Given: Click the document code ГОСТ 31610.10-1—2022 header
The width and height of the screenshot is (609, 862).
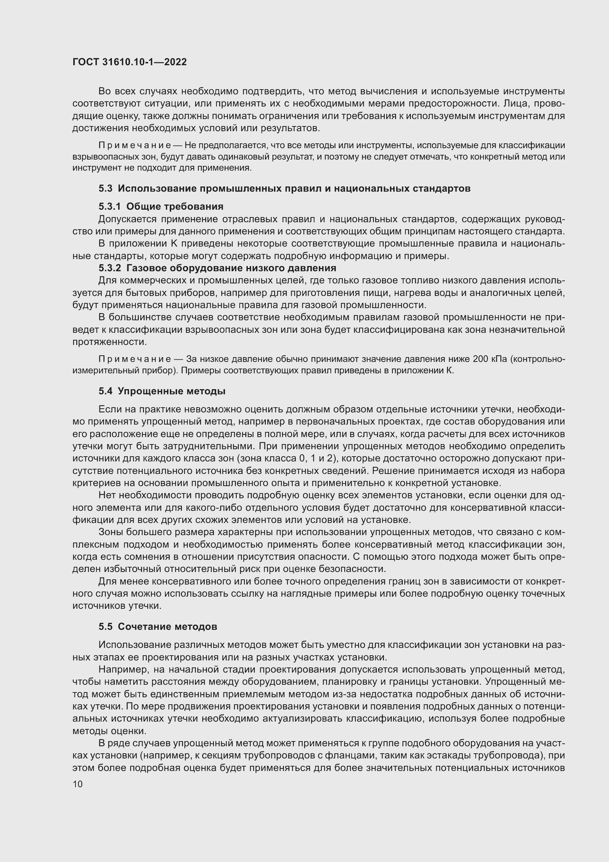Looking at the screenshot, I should [129, 62].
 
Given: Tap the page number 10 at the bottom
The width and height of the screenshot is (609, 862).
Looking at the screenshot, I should [78, 784].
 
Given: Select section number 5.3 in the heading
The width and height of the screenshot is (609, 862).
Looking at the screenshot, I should [105, 188].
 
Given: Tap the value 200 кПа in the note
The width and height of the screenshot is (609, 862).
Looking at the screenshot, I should [490, 359].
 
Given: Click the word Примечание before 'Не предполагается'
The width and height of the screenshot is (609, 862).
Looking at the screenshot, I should [135, 145].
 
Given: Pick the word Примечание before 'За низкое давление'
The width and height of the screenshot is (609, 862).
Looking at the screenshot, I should [135, 359].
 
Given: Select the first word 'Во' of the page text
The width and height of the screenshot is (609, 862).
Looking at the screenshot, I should [105, 91].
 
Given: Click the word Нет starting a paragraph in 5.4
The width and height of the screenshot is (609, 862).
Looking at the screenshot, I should [107, 496].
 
